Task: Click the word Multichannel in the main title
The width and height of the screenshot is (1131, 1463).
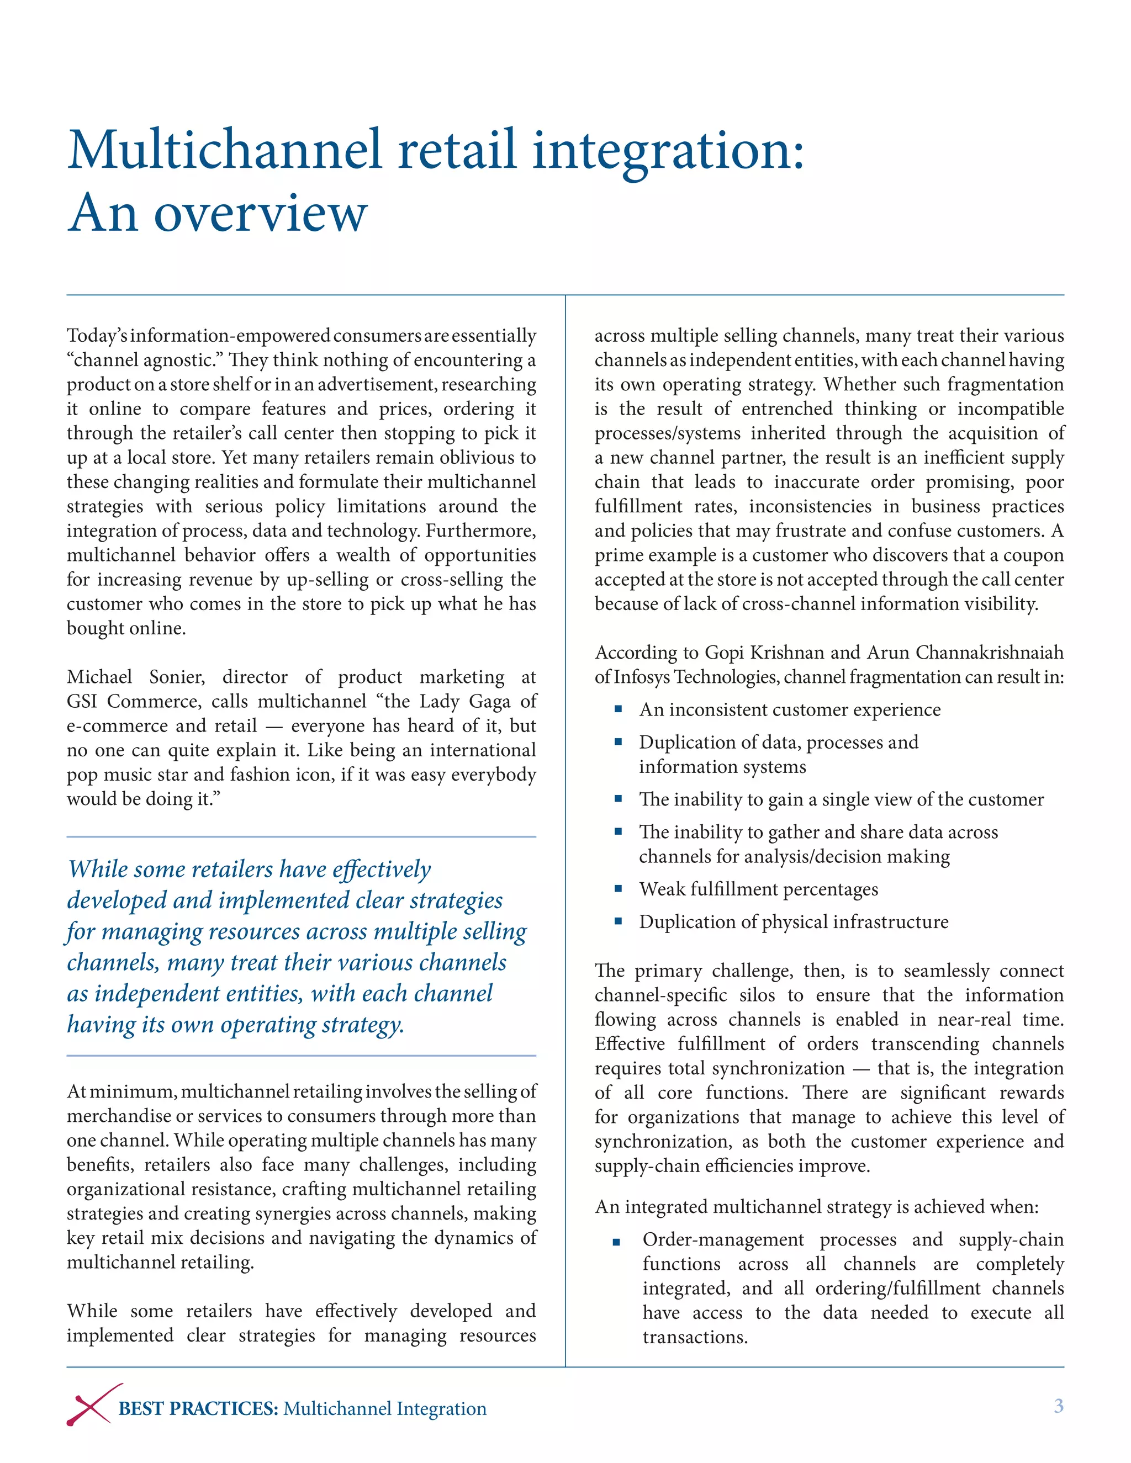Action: click(225, 150)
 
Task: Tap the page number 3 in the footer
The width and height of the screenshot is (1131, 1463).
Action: click(1058, 1406)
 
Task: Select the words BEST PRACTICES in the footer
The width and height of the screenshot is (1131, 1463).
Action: click(198, 1408)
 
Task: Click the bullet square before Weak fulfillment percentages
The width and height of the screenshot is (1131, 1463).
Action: click(618, 889)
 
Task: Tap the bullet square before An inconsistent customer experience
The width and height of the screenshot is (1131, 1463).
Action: click(618, 709)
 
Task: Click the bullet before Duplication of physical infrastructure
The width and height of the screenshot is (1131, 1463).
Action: click(618, 922)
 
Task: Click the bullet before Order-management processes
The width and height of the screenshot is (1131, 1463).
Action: click(616, 1243)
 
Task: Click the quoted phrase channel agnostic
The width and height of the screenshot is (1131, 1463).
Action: click(142, 361)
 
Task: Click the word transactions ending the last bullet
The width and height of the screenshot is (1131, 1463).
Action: click(694, 1337)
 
